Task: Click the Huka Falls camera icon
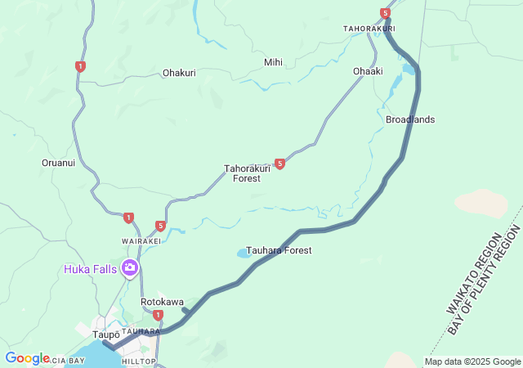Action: coord(128,267)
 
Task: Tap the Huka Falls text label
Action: coord(91,268)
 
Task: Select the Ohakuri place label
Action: coord(179,73)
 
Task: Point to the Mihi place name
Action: coord(273,62)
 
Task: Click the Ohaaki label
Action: coord(368,71)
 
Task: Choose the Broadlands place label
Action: coord(410,119)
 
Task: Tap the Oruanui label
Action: coord(58,163)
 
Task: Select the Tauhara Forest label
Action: coord(279,250)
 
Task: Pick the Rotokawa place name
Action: coord(162,302)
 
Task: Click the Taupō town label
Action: coord(106,334)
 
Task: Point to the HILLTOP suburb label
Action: coord(138,361)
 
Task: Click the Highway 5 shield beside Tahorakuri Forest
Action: coord(279,164)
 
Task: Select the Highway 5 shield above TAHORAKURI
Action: coord(385,13)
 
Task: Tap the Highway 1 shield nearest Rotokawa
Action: coord(158,315)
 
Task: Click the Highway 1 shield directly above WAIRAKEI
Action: coord(128,218)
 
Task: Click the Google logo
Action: coord(27,358)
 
